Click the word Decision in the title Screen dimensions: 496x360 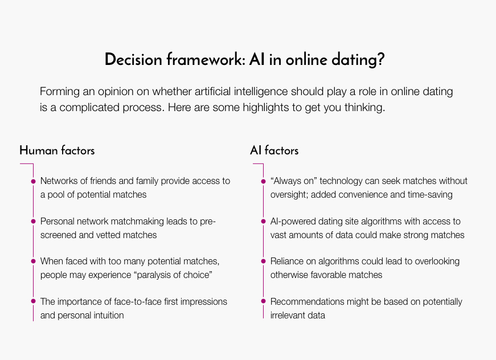[133, 59]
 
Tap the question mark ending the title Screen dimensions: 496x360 [380, 59]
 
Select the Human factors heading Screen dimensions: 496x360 [57, 150]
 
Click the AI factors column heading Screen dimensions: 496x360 [274, 150]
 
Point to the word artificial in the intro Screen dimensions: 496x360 [212, 91]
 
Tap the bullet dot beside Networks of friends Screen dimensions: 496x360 [33, 181]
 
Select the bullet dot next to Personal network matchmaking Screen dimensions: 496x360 [33, 221]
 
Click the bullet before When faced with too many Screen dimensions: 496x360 [33, 261]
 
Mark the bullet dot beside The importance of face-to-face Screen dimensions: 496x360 [33, 301]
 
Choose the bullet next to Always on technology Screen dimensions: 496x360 [263, 181]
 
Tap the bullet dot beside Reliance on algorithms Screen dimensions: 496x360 [263, 261]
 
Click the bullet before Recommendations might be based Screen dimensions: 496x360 [263, 301]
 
